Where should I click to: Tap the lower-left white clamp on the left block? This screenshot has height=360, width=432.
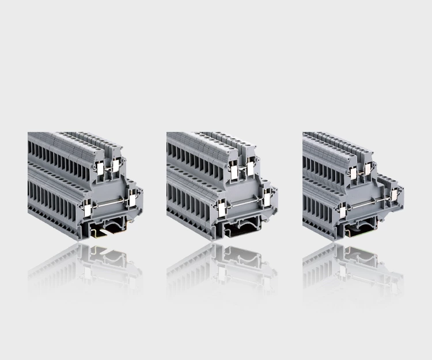tap(87, 210)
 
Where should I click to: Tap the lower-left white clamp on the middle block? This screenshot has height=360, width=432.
tap(222, 210)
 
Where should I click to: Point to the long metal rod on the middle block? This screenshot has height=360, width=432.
tap(245, 205)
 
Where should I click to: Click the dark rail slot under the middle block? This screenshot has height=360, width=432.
tap(245, 230)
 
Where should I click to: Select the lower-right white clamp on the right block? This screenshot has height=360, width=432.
tap(395, 195)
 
